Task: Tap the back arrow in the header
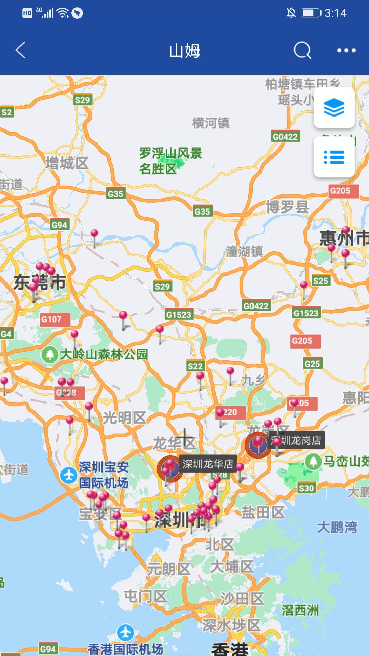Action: coord(20,50)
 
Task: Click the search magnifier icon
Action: coord(302,51)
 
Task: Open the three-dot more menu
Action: coord(346,51)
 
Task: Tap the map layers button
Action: coord(334,108)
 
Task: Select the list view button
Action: coord(334,157)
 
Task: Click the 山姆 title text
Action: coord(184,51)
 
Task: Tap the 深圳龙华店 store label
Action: coord(208,464)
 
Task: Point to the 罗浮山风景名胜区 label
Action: coord(170,161)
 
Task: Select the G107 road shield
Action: coord(52,319)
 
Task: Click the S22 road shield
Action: coord(195,366)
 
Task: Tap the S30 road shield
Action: coord(306,488)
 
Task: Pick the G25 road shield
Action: coord(312,364)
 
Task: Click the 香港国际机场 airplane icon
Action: coord(125,632)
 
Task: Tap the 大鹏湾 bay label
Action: coord(337,527)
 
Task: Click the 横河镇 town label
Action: coord(211,123)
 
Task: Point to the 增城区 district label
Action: coord(67,163)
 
